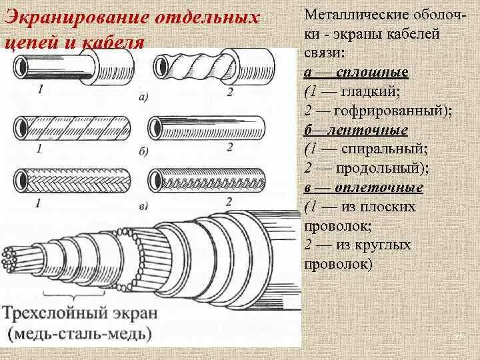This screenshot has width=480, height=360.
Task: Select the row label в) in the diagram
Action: (x=143, y=207)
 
